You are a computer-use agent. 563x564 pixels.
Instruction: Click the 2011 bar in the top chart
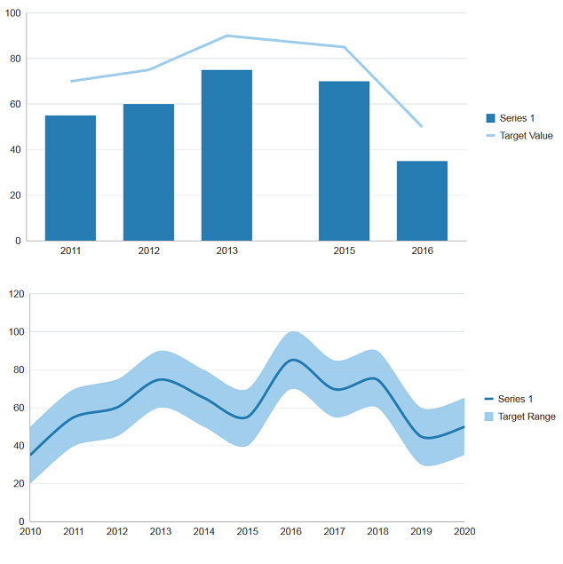[70, 178]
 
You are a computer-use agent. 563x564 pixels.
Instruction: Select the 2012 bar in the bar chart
[148, 172]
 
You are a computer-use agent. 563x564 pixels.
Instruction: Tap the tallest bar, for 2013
[226, 155]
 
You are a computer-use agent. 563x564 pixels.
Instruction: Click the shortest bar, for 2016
[422, 201]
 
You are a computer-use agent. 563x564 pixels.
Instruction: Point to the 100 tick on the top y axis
[12, 13]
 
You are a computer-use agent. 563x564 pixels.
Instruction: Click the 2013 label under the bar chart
[226, 250]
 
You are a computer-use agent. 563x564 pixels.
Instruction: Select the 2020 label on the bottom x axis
[464, 531]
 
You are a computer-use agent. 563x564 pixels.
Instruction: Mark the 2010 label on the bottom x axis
[30, 531]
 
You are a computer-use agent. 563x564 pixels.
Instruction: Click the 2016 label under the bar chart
[422, 250]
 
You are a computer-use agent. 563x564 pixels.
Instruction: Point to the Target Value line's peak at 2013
[226, 36]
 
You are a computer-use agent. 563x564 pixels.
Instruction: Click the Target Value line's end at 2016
[422, 126]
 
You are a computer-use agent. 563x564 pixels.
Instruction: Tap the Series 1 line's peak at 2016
[290, 361]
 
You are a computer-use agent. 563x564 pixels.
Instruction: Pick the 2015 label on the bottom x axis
[247, 531]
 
